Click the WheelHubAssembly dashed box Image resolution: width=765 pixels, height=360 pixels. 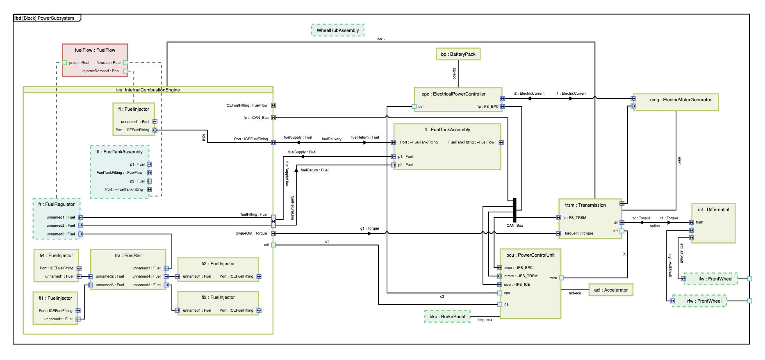(x=337, y=30)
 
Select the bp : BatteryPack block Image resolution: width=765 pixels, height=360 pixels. (x=458, y=54)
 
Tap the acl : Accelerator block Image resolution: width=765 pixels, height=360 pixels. (x=610, y=290)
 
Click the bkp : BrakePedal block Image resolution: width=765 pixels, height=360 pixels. (x=447, y=317)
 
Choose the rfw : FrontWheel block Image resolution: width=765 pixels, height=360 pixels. (x=699, y=301)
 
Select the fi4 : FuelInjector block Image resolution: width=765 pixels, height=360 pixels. (x=56, y=265)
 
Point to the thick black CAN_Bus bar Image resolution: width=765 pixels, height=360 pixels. (x=515, y=210)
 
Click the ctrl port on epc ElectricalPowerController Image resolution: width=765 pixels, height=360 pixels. (x=414, y=107)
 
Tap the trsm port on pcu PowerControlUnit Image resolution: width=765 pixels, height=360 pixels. (x=561, y=278)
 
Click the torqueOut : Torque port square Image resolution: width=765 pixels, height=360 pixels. (x=273, y=234)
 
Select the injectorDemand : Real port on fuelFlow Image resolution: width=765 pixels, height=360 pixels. (x=125, y=71)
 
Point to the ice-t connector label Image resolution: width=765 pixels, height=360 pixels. (x=381, y=39)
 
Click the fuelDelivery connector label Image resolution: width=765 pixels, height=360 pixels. (x=331, y=139)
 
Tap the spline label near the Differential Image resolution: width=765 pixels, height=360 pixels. (x=655, y=226)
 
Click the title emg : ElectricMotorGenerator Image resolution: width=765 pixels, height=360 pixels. (x=681, y=100)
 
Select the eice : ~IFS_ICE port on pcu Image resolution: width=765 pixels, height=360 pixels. (x=500, y=285)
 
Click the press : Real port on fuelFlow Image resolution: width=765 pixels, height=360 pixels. (x=64, y=63)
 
